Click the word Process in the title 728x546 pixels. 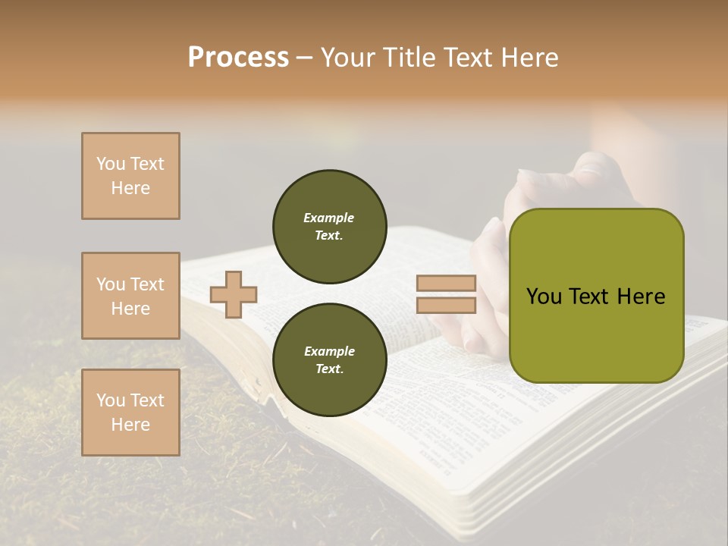238,58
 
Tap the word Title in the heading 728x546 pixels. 410,58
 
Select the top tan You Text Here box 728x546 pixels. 130,176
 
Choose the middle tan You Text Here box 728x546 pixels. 130,296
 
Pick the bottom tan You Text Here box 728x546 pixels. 130,413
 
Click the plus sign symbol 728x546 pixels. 234,294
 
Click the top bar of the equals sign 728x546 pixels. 446,284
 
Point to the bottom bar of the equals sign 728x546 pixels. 446,306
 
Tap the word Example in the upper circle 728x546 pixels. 329,218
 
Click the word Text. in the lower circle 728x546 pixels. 329,369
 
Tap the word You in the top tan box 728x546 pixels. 110,164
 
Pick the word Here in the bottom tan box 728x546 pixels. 130,425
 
